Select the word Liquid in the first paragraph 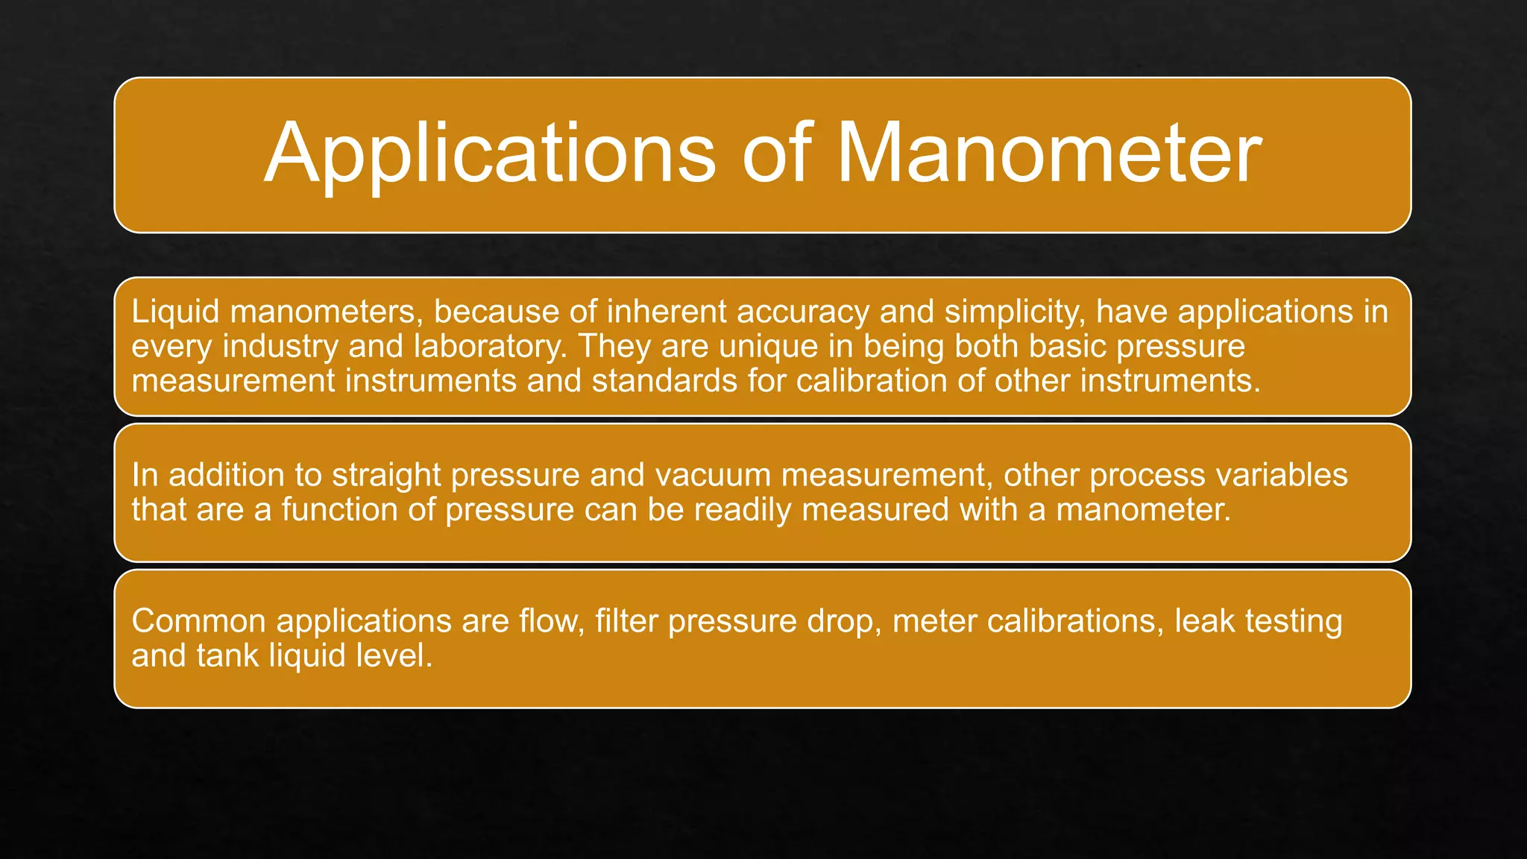(175, 312)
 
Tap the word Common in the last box (198, 621)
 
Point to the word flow (551, 621)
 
